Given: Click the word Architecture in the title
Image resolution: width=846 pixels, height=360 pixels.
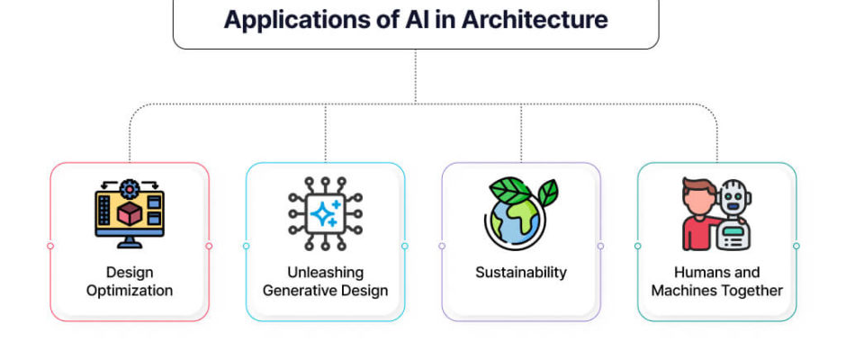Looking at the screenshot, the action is [534, 20].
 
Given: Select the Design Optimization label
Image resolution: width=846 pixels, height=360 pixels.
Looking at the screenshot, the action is [130, 281].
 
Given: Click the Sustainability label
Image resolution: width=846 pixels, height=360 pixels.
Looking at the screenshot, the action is [521, 273].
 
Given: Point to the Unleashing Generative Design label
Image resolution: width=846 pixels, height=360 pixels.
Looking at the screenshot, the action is [325, 281].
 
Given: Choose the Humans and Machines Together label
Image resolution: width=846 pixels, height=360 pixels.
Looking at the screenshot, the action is [716, 281].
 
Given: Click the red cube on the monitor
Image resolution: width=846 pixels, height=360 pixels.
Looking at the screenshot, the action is [130, 213].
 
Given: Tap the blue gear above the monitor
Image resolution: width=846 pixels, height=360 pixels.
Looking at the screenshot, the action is [130, 189].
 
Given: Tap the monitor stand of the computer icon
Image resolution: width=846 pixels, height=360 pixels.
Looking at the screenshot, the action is [130, 242].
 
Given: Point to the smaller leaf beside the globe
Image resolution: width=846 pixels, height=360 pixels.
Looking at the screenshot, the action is [548, 192].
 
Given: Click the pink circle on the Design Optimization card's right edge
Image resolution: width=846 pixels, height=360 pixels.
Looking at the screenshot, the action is [209, 246].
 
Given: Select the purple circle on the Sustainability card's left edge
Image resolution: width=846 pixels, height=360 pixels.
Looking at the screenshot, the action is [442, 246].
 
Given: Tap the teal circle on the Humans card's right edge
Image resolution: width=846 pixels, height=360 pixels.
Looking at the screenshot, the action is [796, 246].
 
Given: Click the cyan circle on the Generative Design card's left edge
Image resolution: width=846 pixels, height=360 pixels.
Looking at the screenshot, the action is [246, 246].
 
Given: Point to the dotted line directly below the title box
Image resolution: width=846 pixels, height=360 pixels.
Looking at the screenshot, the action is [416, 76].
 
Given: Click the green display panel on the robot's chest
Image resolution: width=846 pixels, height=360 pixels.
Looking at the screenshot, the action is [733, 231].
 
